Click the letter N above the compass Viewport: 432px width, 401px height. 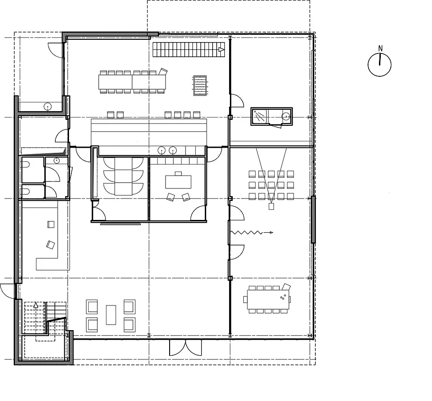pyautogui.click(x=380, y=48)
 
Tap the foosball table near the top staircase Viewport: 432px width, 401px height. pyautogui.click(x=200, y=86)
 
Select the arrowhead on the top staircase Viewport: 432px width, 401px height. pyautogui.click(x=222, y=49)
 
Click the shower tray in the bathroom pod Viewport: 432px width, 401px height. pyautogui.click(x=259, y=116)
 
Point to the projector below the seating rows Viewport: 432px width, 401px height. pyautogui.click(x=272, y=206)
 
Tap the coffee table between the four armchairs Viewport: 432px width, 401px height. pyautogui.click(x=111, y=315)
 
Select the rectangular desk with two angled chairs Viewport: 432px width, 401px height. pyautogui.click(x=178, y=182)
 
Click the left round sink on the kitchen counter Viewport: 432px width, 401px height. pyautogui.click(x=161, y=150)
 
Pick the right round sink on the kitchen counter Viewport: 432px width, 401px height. pyautogui.click(x=173, y=150)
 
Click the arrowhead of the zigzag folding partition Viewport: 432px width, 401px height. pyautogui.click(x=272, y=233)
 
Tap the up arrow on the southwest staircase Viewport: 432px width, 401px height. pyautogui.click(x=36, y=305)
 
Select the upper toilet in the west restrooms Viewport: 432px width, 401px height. pyautogui.click(x=25, y=165)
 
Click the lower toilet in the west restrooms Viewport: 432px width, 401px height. pyautogui.click(x=25, y=191)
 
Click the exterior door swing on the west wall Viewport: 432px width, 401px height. pyautogui.click(x=7, y=291)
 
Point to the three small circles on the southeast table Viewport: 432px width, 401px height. pyautogui.click(x=283, y=297)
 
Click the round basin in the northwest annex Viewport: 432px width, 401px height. pyautogui.click(x=48, y=107)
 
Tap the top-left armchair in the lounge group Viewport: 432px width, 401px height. pyautogui.click(x=92, y=307)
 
